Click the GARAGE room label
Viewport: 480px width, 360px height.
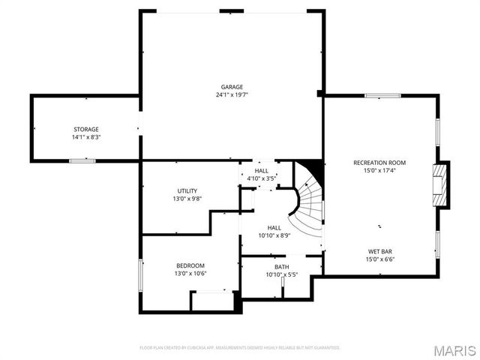click(232, 87)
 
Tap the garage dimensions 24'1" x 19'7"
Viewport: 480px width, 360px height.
click(232, 95)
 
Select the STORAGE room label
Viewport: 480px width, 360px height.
click(86, 130)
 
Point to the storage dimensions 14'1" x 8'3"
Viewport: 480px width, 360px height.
click(86, 138)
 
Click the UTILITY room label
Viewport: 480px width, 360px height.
click(187, 190)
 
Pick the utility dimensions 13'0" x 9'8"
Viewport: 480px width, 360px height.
click(187, 199)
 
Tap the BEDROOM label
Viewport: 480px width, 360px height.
click(190, 265)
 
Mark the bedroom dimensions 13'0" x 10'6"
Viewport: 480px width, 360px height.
click(190, 274)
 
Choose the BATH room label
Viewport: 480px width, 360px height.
click(281, 267)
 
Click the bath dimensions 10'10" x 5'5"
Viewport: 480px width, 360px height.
click(281, 275)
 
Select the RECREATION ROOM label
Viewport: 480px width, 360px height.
click(379, 163)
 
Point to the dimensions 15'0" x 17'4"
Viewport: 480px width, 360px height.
click(379, 171)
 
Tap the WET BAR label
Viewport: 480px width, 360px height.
click(379, 251)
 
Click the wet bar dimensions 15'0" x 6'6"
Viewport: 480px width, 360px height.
click(379, 259)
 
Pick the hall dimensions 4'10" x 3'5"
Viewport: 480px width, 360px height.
click(262, 178)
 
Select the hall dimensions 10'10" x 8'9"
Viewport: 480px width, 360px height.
click(274, 236)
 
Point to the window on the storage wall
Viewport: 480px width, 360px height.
click(82, 160)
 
